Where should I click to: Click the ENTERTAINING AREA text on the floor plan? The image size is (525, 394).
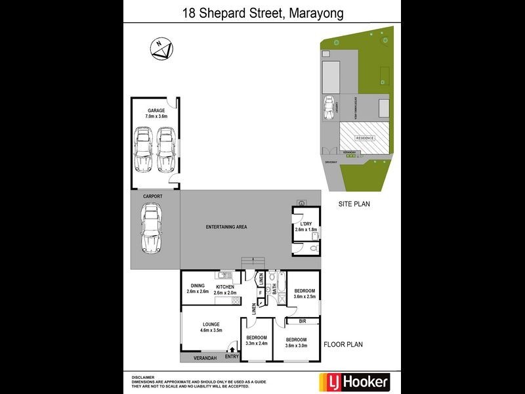(x=226, y=227)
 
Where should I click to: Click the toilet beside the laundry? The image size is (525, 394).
(x=313, y=249)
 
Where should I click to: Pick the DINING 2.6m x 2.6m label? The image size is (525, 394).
(x=198, y=288)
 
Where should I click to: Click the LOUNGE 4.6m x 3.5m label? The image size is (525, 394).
(x=211, y=327)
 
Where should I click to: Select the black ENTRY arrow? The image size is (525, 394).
(x=230, y=349)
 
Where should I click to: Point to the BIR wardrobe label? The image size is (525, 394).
(x=303, y=321)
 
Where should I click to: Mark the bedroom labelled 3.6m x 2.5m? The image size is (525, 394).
(x=304, y=294)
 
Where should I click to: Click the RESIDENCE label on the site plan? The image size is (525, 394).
(x=364, y=138)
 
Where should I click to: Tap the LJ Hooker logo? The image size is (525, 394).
(x=354, y=381)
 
